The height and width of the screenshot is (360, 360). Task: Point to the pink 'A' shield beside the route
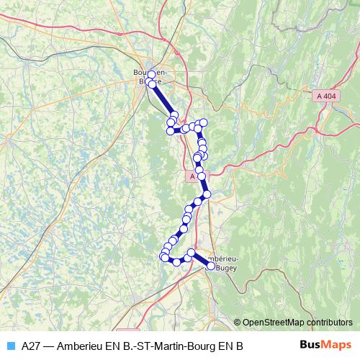[191, 176]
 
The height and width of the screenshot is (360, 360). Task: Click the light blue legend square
[9, 346]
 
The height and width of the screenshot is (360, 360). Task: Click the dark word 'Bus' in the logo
[312, 344]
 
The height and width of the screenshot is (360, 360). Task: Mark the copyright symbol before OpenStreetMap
[238, 323]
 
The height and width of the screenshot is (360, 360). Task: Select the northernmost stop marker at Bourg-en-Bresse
[151, 74]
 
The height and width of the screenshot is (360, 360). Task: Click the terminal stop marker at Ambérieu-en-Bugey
[211, 265]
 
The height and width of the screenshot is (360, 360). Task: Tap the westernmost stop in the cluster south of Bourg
[171, 130]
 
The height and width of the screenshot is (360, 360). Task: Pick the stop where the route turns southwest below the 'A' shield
[207, 194]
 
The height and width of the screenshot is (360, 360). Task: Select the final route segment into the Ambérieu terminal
[201, 259]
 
